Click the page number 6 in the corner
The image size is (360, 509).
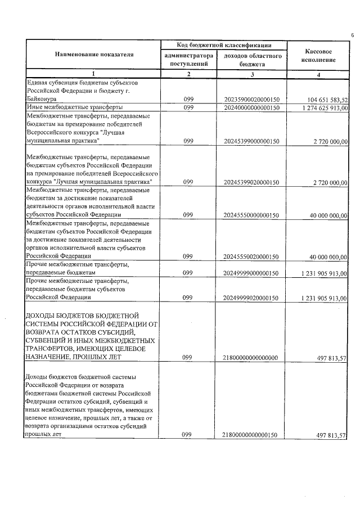point(352,35)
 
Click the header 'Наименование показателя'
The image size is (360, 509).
point(94,55)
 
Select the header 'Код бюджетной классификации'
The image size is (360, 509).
point(224,45)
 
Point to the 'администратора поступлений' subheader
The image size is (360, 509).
point(189,60)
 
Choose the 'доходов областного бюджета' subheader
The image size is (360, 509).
point(252,60)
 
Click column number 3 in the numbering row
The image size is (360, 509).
point(252,74)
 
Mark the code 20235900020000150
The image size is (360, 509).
point(251,100)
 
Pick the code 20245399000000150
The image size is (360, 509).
point(251,142)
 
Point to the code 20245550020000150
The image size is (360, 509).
point(251,257)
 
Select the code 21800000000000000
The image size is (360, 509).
point(251,357)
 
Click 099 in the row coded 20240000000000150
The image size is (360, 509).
point(188,107)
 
